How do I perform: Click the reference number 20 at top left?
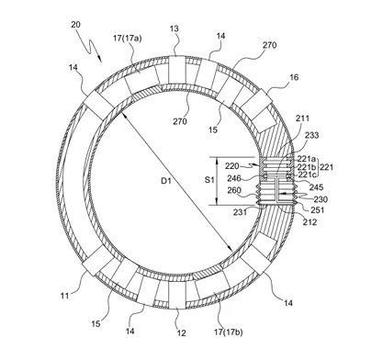click(x=75, y=25)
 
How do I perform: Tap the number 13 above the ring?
click(x=175, y=29)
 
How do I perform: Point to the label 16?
click(x=294, y=77)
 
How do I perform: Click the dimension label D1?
click(x=166, y=181)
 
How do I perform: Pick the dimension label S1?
click(x=209, y=180)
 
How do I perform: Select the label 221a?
click(x=306, y=159)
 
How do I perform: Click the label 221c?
click(x=306, y=174)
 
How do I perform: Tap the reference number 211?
click(x=302, y=118)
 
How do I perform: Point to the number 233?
click(x=312, y=135)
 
